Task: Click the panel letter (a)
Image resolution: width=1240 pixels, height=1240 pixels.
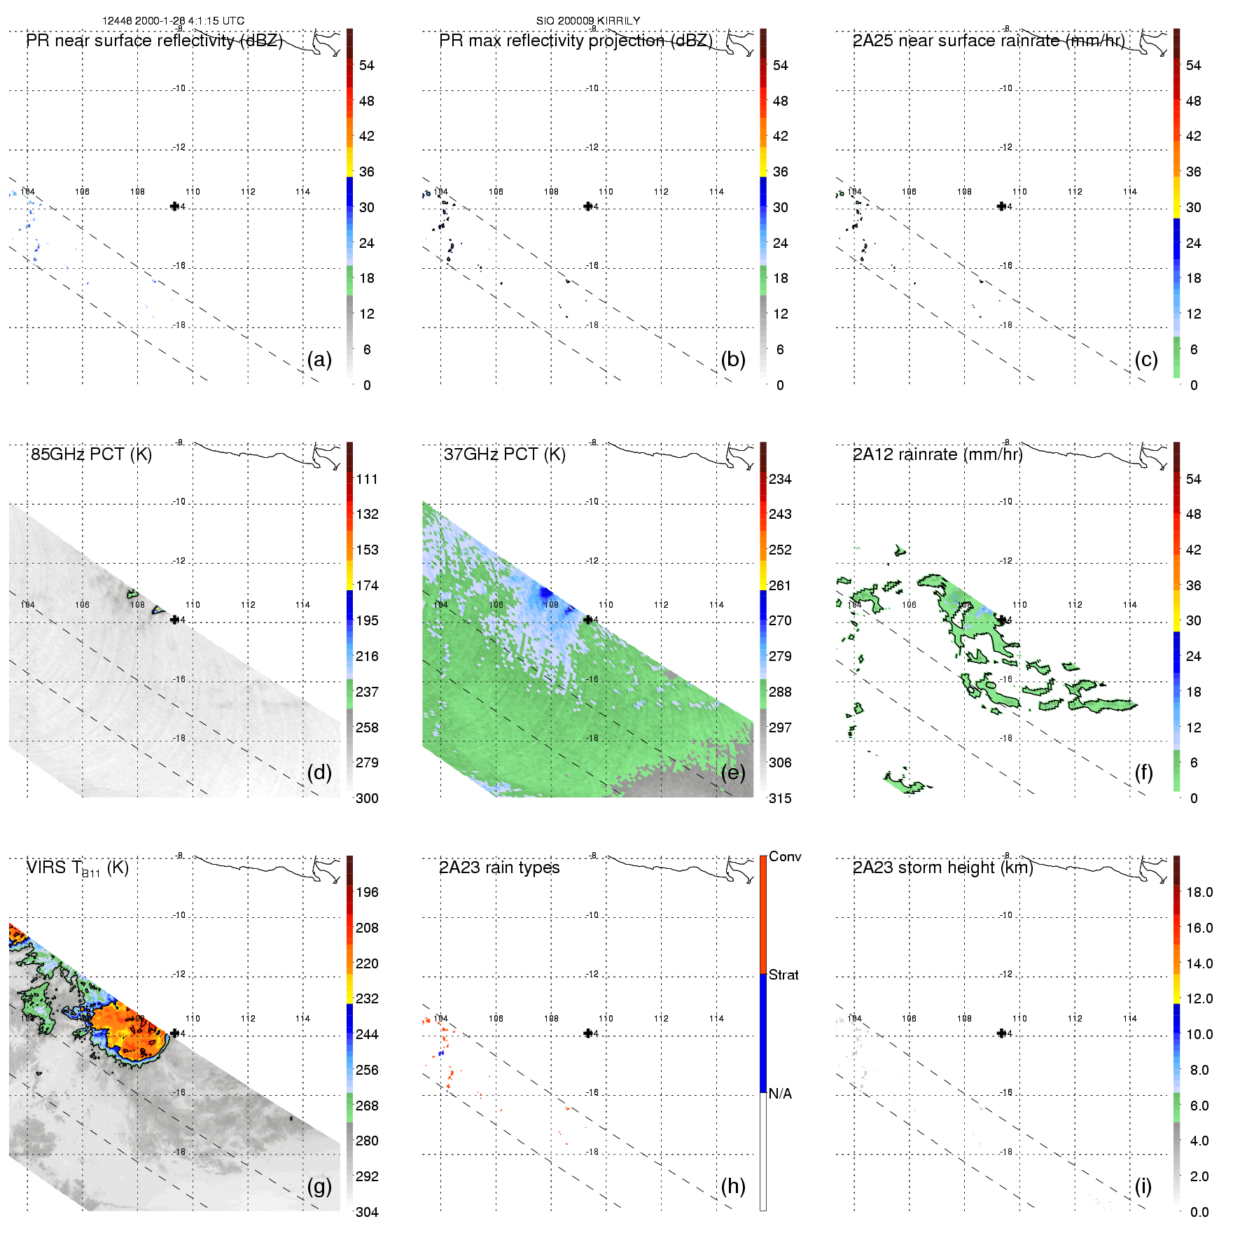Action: (x=319, y=360)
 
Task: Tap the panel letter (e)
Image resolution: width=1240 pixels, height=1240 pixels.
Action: (x=732, y=773)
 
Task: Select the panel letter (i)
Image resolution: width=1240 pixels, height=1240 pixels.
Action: (x=1143, y=1186)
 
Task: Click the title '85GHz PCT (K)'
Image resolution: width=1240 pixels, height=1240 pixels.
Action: (x=91, y=454)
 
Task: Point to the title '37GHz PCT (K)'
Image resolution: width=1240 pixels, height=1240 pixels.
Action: (x=504, y=454)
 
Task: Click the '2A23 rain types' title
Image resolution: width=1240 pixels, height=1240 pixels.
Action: (x=499, y=868)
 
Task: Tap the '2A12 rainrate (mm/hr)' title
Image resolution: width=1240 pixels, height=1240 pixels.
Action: (x=938, y=454)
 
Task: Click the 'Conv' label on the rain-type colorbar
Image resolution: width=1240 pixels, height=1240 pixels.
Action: (x=785, y=856)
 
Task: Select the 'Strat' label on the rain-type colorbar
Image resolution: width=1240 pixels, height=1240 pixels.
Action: (x=783, y=975)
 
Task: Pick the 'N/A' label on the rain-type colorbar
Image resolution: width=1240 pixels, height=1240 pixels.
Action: (x=780, y=1094)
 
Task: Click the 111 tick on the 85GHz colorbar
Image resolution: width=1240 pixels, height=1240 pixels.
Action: (x=367, y=479)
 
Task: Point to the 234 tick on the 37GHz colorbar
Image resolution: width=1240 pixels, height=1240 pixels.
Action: (x=780, y=479)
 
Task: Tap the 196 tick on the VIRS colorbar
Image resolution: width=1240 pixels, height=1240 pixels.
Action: (x=367, y=892)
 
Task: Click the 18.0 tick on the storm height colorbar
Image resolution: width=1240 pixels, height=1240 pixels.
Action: (x=1199, y=892)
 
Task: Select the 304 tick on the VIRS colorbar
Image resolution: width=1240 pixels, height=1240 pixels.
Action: (x=367, y=1212)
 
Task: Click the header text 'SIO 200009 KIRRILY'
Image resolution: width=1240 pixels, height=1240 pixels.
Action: (x=588, y=21)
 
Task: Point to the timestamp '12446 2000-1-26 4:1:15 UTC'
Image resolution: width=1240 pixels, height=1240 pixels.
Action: (x=174, y=21)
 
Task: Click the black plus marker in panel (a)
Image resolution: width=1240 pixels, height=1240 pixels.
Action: (x=174, y=206)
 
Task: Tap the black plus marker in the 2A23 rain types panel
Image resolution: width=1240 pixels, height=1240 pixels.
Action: (x=587, y=1033)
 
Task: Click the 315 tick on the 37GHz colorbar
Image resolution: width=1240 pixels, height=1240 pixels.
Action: (x=780, y=798)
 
